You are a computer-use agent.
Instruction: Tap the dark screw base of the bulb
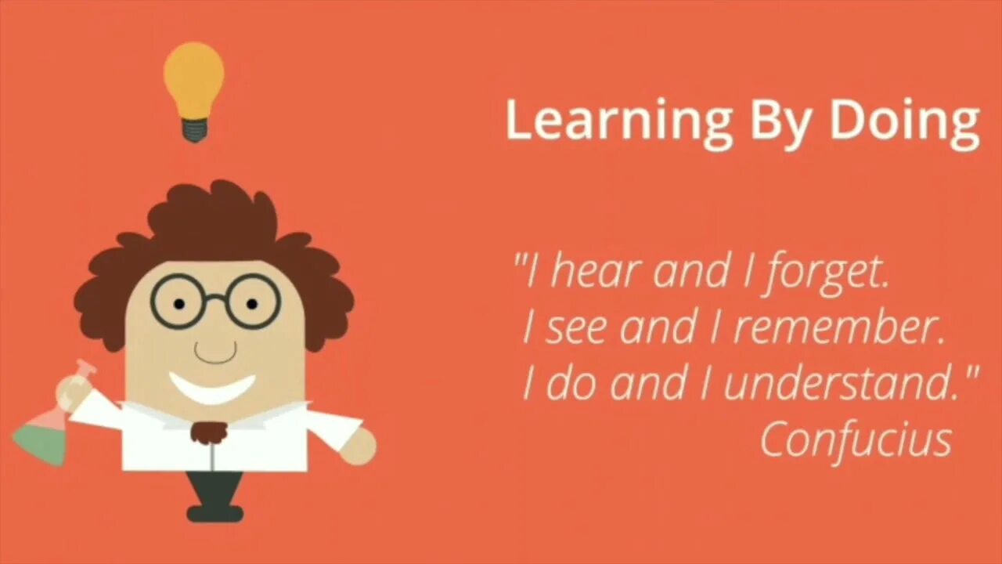(x=194, y=129)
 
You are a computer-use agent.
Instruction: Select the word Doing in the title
(x=904, y=121)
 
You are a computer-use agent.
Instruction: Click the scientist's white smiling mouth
(x=212, y=387)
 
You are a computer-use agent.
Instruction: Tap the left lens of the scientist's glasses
(x=179, y=302)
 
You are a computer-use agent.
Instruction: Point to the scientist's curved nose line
(x=215, y=352)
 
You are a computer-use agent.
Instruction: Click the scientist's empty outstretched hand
(x=359, y=446)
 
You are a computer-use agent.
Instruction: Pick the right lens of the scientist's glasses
(x=252, y=302)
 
